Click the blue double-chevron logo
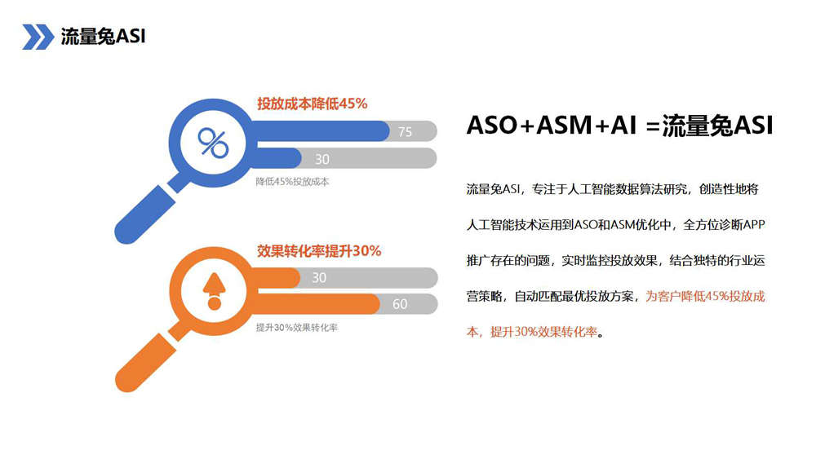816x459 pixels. point(38,37)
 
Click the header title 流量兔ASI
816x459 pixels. point(103,37)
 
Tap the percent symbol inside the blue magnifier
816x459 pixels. point(213,143)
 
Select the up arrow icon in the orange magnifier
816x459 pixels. point(214,290)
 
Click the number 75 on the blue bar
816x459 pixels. point(405,132)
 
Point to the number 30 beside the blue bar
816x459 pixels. point(322,159)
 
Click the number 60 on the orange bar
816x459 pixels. point(400,304)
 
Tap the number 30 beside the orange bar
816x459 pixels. point(319,277)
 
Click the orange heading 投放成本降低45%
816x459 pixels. point(313,104)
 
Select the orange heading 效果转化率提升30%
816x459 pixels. point(319,251)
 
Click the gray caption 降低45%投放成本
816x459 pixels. point(292,182)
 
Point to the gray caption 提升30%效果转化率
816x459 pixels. point(297,328)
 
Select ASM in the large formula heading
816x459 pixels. point(564,126)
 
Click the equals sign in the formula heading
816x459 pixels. point(653,126)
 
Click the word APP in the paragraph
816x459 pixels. point(754,225)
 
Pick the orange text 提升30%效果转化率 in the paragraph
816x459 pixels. point(543,332)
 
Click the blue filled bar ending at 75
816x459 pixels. point(320,131)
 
